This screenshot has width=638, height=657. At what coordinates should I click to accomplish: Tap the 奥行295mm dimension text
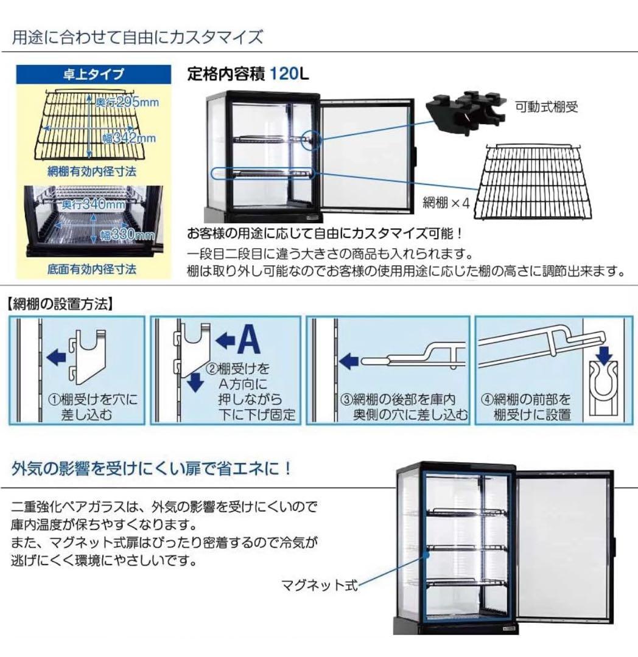click(127, 102)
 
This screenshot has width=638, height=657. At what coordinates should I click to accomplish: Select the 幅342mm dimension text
click(128, 138)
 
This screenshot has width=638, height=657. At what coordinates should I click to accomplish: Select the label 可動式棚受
click(546, 108)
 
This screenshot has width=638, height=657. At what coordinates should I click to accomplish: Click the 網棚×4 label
click(446, 203)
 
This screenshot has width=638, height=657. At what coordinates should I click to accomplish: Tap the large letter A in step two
click(248, 341)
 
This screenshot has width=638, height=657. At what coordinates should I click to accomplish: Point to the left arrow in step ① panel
click(58, 355)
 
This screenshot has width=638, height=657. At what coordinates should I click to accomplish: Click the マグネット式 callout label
click(319, 586)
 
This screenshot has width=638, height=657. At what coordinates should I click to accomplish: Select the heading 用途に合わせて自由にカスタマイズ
click(138, 37)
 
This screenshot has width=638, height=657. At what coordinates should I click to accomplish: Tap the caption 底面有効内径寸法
click(92, 268)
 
